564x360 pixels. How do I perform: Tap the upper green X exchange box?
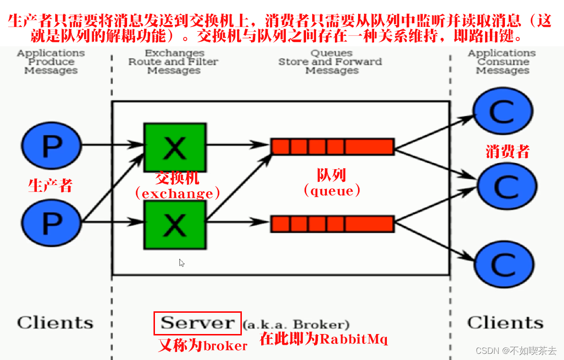pos(175,147)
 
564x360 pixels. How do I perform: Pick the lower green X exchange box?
pos(175,225)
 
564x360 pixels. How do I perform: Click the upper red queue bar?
pos(332,146)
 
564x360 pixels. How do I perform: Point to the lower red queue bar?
pos(332,223)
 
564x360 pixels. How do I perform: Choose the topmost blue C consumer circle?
pos(503,111)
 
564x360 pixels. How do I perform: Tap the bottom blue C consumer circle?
pos(504,265)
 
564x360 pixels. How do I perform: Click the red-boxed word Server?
pos(197,323)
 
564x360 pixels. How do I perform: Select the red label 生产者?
pos(50,185)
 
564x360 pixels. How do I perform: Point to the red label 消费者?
pos(508,151)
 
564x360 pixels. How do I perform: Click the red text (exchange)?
pos(178,193)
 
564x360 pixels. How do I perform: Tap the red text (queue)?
pos(332,191)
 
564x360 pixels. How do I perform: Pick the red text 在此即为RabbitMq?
pos(324,339)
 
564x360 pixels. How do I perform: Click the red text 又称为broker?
pos(203,346)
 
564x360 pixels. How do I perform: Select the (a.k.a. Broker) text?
pos(296,325)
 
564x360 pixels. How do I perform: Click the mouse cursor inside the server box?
pos(182,263)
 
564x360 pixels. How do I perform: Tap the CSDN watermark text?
pos(516,351)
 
